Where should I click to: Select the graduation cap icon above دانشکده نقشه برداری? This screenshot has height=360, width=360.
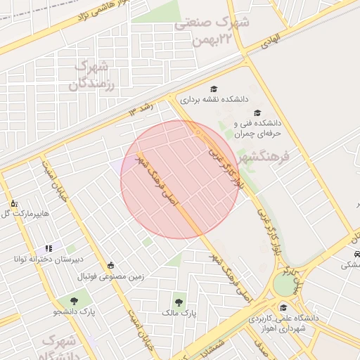(214, 88)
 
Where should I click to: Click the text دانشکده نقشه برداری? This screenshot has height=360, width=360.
(216, 99)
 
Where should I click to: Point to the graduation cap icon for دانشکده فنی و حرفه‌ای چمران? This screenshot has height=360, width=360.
(257, 112)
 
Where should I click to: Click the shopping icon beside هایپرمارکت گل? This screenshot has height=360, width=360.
(13, 204)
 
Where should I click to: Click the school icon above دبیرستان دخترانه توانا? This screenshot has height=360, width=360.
(49, 248)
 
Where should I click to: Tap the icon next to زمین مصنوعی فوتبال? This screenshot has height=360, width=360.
(111, 265)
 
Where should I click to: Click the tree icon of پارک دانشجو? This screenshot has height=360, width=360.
(73, 301)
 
